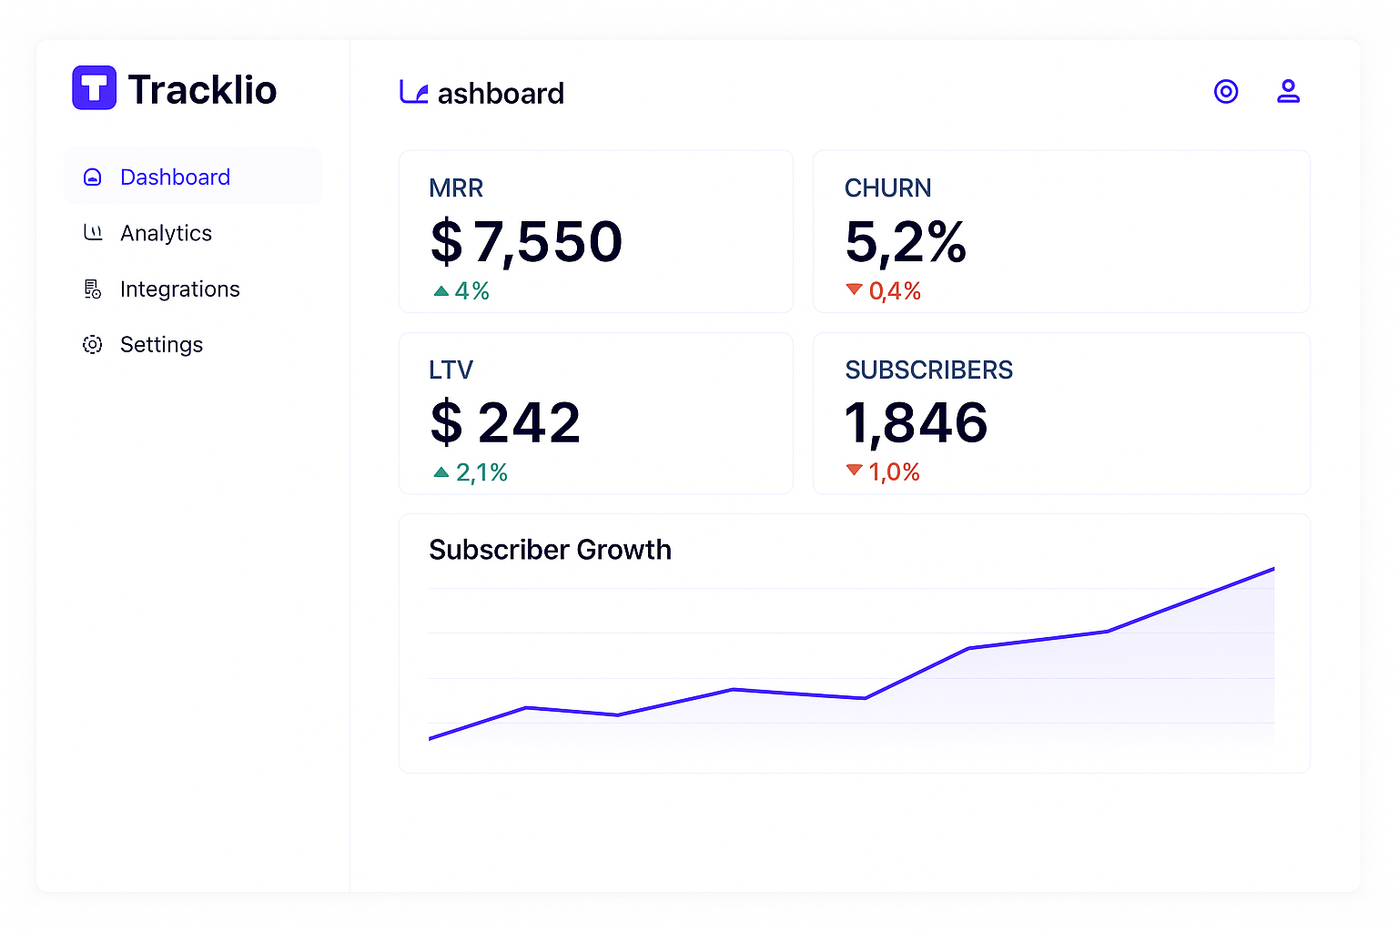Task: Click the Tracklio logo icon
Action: click(x=95, y=87)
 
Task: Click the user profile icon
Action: click(x=1288, y=91)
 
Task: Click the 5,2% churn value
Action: click(x=905, y=242)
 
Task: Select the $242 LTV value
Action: click(x=505, y=422)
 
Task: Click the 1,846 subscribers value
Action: click(x=916, y=423)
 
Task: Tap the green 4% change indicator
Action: click(x=461, y=291)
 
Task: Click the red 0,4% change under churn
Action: click(x=883, y=291)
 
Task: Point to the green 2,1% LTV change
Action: click(x=470, y=472)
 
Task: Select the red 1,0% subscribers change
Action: click(x=883, y=472)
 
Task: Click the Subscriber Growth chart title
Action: click(x=550, y=550)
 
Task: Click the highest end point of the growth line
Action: click(x=1274, y=569)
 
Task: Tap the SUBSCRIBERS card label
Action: click(x=928, y=370)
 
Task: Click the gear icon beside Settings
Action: click(x=92, y=345)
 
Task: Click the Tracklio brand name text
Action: click(x=202, y=89)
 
